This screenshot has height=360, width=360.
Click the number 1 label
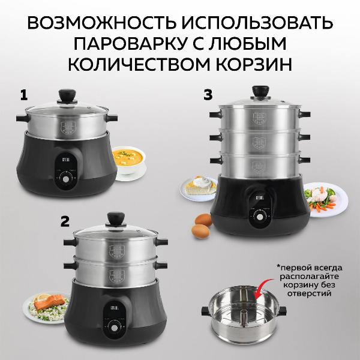[x=24, y=94]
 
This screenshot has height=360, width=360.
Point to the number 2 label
[x=65, y=221]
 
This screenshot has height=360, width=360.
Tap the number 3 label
[x=208, y=94]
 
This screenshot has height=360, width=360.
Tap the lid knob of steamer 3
[x=260, y=92]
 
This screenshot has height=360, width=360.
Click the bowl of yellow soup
[x=127, y=161]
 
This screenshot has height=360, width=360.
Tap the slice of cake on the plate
[x=200, y=186]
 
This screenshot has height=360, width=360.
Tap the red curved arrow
[x=263, y=292]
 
